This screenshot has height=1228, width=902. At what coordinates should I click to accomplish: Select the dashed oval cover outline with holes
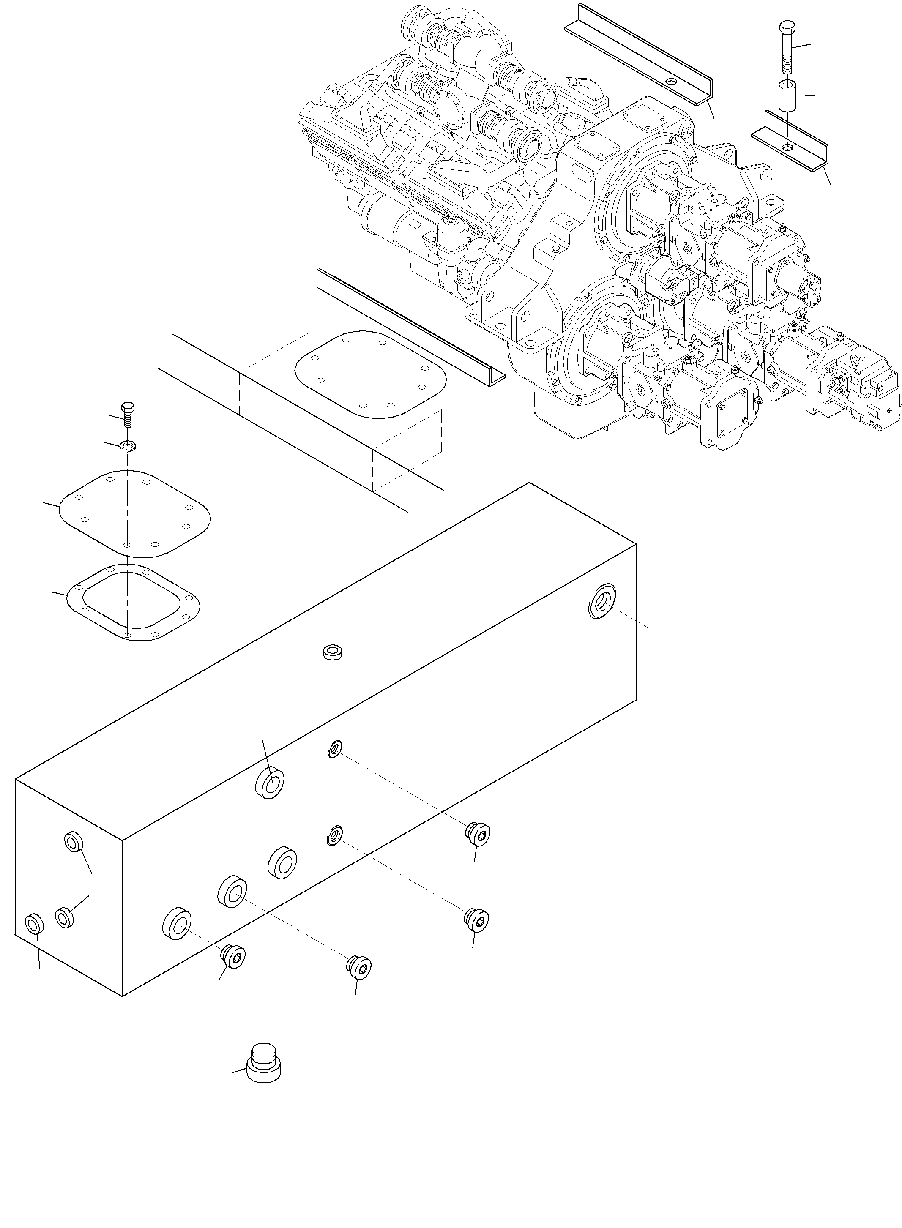coord(370,374)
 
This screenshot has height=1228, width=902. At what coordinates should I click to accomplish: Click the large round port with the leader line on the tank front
coord(269,784)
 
